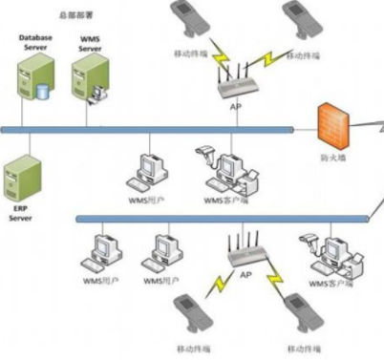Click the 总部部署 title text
(76, 14)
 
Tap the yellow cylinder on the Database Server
(42, 93)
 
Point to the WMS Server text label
(90, 43)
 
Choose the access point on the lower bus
(245, 253)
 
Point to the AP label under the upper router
(235, 107)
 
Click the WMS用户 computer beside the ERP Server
(149, 171)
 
